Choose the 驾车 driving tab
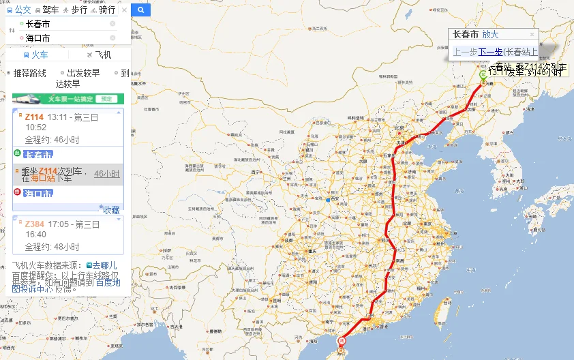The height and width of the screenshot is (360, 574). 47,10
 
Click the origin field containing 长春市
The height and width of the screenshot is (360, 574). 65,24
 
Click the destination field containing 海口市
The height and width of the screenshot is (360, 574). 65,38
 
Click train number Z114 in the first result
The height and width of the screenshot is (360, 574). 34,117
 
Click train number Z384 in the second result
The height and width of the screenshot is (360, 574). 34,224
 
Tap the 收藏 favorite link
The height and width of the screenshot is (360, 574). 111,210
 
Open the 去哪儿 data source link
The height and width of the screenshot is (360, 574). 104,265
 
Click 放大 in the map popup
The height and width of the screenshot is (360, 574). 490,35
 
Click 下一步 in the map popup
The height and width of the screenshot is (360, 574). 490,52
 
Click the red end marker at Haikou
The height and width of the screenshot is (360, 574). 343,340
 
